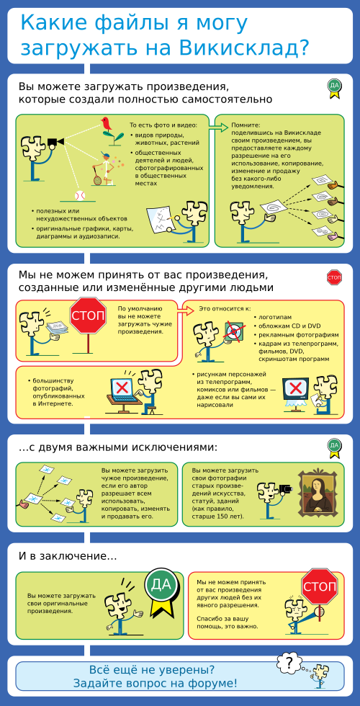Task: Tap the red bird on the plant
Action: pyautogui.click(x=107, y=124)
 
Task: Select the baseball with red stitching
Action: pyautogui.click(x=80, y=195)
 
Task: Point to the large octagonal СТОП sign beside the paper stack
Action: pyautogui.click(x=88, y=316)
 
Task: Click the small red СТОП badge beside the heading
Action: pyautogui.click(x=333, y=278)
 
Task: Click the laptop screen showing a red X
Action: pyautogui.click(x=122, y=387)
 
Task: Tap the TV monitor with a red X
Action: pyautogui.click(x=295, y=388)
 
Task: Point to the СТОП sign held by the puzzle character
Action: pyautogui.click(x=320, y=586)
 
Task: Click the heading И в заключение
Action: pyautogui.click(x=68, y=556)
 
